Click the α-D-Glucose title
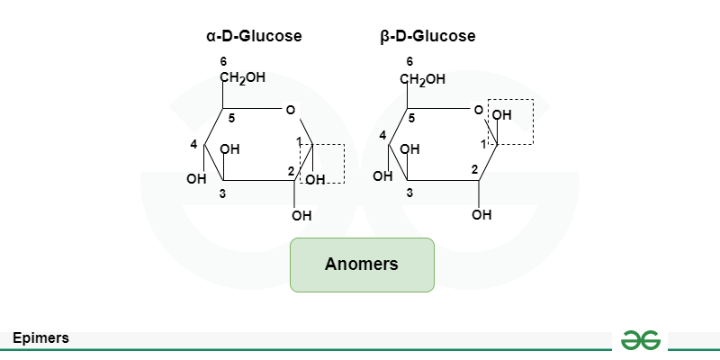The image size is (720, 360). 254,37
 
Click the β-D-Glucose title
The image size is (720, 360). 428,37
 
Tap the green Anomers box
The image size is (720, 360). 362,265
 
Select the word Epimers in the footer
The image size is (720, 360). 41,338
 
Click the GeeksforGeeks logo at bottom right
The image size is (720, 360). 642,338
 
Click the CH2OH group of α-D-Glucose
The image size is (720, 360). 243,77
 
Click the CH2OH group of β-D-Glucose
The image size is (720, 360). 423,79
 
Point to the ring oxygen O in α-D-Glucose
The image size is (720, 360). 290,111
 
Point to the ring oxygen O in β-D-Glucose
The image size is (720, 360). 478,111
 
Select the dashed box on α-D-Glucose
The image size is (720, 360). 322,163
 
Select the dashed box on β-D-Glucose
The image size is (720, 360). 510,121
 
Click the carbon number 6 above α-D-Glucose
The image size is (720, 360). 223,61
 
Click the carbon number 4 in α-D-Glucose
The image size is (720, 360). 193,144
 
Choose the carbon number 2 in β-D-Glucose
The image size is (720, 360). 474,169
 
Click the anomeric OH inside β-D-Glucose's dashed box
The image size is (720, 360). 501,115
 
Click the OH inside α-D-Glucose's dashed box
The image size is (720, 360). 315,180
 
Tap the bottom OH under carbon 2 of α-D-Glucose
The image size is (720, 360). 301,216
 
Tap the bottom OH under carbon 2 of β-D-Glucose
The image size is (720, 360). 481,215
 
